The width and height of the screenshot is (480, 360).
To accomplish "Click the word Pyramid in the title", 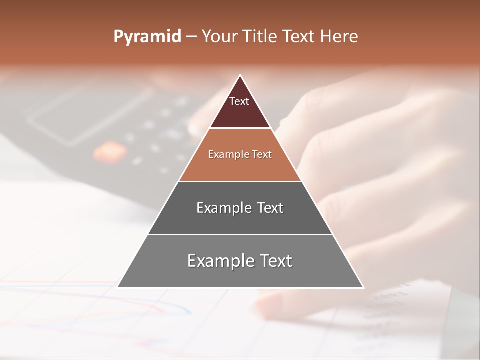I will [x=147, y=37].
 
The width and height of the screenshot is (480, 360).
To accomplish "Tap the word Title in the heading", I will [x=261, y=36].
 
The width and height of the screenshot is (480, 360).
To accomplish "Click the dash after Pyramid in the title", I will [x=191, y=37].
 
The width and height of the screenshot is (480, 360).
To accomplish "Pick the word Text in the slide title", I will [x=299, y=36].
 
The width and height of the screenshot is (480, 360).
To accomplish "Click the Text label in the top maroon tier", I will [x=239, y=101].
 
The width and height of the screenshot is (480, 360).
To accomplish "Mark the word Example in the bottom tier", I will [x=218, y=261].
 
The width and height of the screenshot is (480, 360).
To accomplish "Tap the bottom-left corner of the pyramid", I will [x=118, y=287].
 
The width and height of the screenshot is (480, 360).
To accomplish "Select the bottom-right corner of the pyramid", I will [x=363, y=287].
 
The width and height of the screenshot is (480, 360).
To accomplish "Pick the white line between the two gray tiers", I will [x=240, y=234].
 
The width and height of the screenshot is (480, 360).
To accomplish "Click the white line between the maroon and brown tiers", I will [x=240, y=128].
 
